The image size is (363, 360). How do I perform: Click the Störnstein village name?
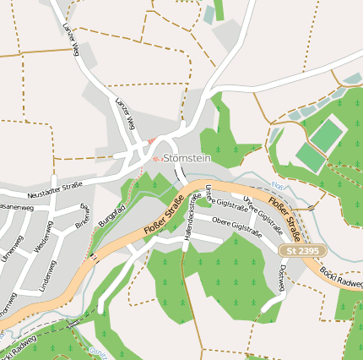[187, 157]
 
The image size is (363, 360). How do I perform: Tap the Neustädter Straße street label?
[54, 187]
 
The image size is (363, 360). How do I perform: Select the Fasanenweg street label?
[14, 206]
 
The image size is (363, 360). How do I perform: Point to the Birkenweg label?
[83, 216]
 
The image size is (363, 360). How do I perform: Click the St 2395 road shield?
[302, 251]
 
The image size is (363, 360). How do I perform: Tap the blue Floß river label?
[278, 186]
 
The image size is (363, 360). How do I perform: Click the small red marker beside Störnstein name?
[155, 157]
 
